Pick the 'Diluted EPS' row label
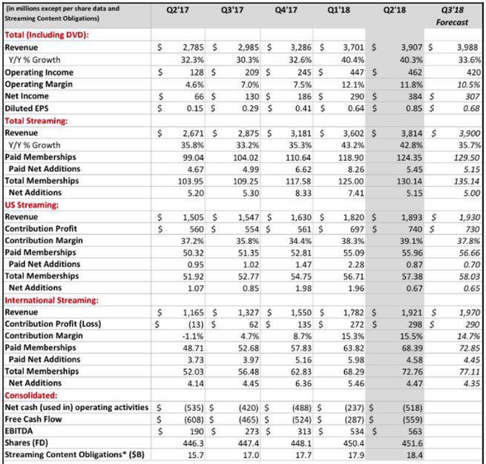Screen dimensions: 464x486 29,108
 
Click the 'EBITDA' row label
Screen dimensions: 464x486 20,432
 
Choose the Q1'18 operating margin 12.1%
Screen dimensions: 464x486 352,84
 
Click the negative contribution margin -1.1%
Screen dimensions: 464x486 192,336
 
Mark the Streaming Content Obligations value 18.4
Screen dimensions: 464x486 413,456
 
